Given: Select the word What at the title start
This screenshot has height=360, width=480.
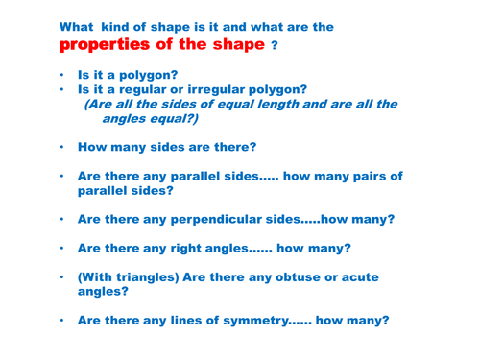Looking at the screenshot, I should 81,25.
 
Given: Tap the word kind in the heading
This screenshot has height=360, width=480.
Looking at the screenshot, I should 133,25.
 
